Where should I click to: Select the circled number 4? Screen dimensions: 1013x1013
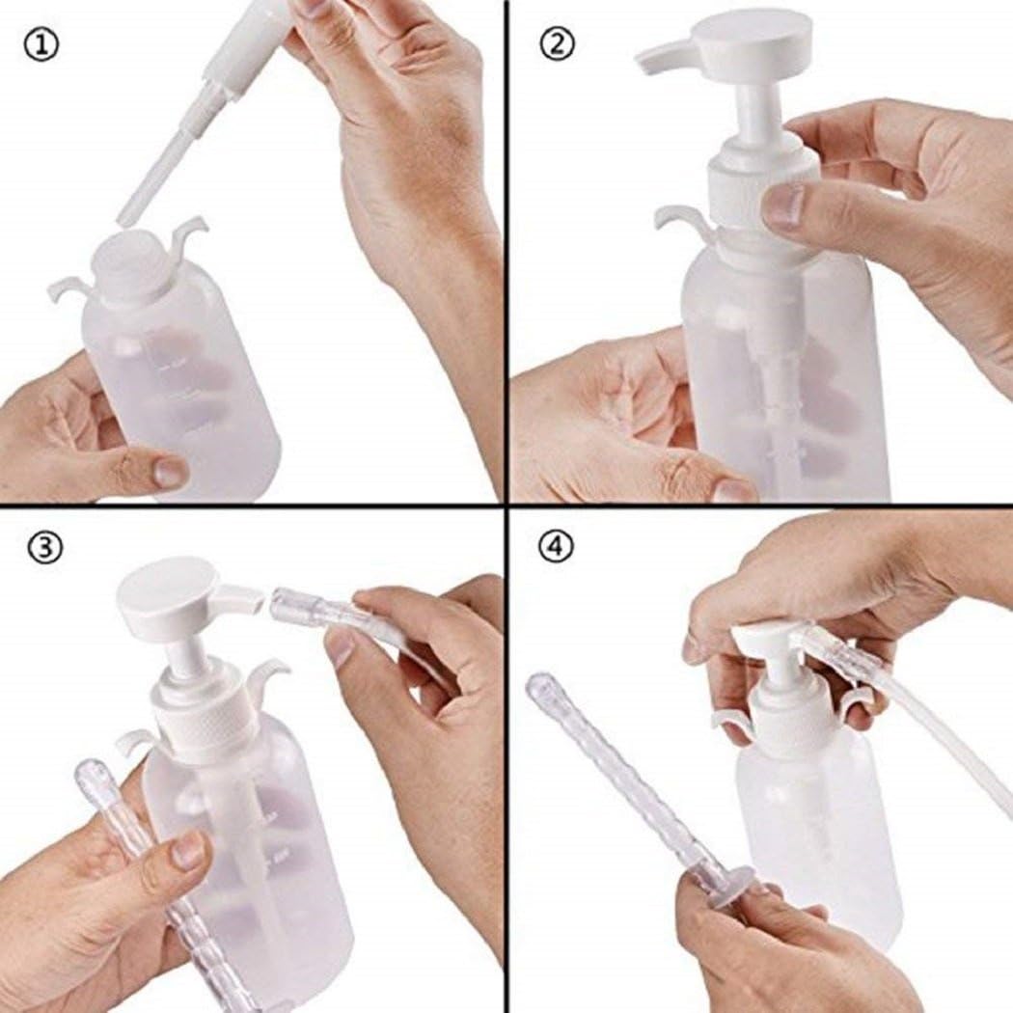556,546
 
